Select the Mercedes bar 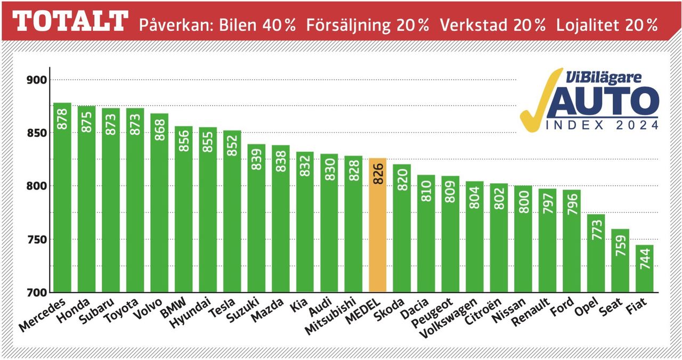click(62, 197)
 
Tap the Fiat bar click(644, 268)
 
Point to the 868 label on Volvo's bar click(159, 127)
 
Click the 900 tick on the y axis click(37, 80)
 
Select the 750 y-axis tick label click(37, 239)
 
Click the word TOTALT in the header click(70, 22)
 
